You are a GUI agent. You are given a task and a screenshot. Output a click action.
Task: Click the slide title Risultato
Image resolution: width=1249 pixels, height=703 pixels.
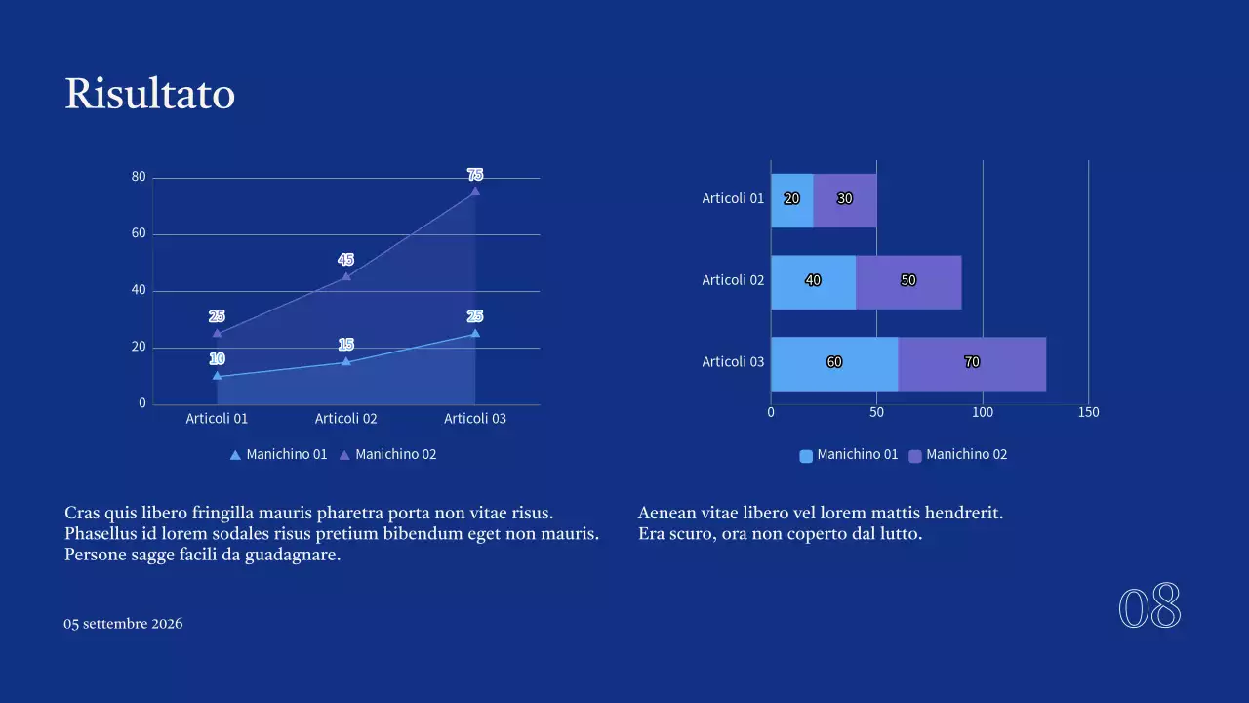[x=149, y=94]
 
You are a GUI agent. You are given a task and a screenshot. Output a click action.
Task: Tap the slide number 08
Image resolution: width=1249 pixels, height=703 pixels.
[x=1149, y=607]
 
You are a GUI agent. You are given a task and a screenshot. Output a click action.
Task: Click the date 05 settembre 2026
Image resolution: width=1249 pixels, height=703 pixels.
[x=123, y=624]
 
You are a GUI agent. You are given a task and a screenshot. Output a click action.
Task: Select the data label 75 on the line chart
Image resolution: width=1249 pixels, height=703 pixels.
[x=475, y=175]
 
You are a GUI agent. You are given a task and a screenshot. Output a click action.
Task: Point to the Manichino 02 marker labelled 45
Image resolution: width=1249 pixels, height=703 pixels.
[x=345, y=276]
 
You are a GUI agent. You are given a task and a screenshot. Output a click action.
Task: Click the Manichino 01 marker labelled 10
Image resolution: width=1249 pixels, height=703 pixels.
[x=217, y=376]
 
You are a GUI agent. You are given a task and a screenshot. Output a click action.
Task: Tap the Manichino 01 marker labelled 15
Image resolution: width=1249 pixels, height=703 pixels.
[x=345, y=362]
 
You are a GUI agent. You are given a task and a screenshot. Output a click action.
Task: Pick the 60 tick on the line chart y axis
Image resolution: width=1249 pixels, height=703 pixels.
[x=139, y=233]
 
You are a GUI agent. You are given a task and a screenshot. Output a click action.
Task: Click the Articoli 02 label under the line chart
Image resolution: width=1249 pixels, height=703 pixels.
[x=345, y=419]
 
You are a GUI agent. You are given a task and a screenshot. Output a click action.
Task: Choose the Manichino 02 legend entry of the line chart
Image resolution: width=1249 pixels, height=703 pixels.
[x=387, y=454]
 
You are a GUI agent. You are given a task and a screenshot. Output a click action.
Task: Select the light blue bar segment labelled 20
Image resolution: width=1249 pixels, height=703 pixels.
[x=791, y=199]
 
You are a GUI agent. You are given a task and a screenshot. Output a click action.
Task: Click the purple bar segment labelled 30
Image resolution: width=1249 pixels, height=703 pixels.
[x=845, y=199]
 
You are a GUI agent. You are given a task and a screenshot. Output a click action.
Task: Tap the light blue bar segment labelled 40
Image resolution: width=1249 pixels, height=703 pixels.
[x=813, y=281]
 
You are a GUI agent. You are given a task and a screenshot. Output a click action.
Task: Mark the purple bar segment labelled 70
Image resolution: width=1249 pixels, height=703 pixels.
[x=972, y=362]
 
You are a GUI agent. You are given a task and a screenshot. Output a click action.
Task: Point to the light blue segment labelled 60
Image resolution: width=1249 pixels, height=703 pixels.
[x=834, y=362]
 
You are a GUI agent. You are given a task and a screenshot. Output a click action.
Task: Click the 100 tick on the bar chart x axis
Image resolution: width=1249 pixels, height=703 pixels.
[x=983, y=412]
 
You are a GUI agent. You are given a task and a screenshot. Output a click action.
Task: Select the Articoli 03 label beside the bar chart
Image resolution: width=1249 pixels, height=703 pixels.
[x=733, y=362]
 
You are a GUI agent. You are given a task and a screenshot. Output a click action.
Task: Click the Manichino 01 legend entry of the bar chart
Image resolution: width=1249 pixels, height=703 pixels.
[x=848, y=455]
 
